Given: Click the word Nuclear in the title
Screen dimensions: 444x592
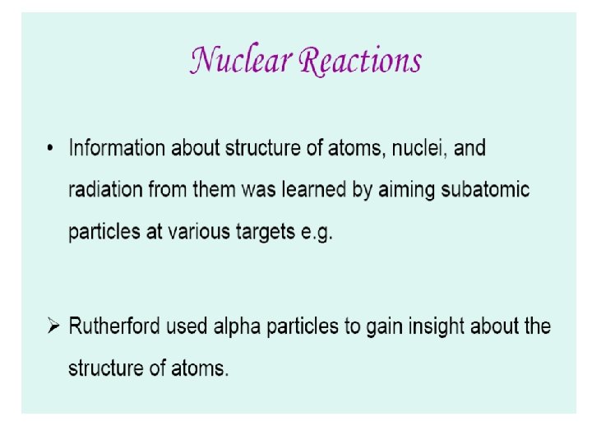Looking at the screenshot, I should tap(238, 60).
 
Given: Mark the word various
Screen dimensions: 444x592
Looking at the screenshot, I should tap(201, 231).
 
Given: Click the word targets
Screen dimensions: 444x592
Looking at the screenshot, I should tap(266, 232).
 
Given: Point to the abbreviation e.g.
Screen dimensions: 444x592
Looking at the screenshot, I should tap(317, 233).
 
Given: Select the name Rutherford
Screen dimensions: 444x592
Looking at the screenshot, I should tap(114, 326).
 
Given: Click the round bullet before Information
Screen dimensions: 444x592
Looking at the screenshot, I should tap(51, 149).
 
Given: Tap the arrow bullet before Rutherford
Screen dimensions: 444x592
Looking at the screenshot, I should tap(53, 326).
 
